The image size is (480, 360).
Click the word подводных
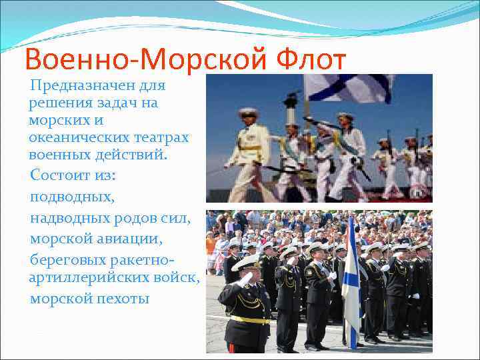72,197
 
